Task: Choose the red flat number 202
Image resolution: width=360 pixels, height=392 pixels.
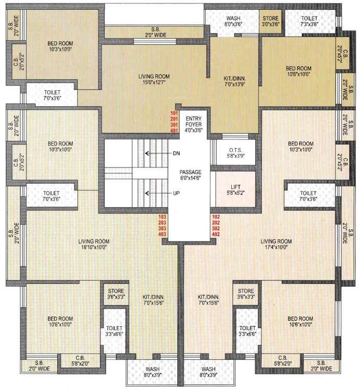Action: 215,222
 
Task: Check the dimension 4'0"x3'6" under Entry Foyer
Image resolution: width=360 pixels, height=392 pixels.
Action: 194,130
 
